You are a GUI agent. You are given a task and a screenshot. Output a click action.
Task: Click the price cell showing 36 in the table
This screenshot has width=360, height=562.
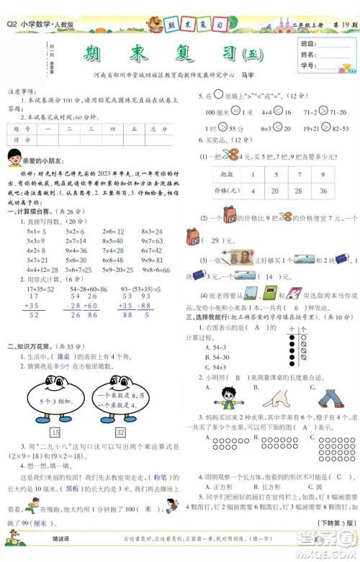tap(323, 191)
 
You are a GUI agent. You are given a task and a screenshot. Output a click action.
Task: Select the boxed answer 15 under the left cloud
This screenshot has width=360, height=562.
tap(55, 432)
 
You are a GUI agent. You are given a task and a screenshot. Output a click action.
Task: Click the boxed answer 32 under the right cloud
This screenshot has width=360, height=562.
tap(120, 432)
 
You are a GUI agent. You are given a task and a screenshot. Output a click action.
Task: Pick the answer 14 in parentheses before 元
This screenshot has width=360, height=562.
tap(269, 276)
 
